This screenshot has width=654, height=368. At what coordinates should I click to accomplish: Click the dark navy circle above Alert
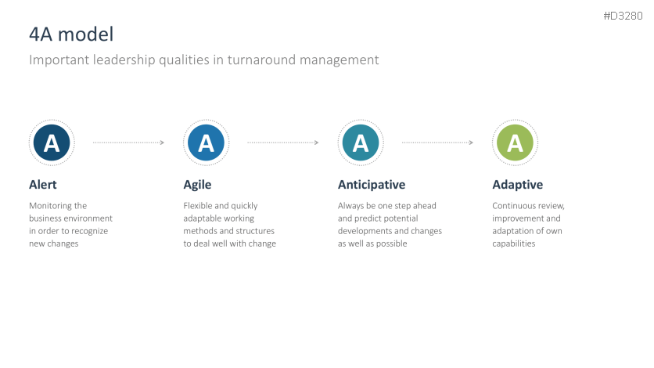(52, 143)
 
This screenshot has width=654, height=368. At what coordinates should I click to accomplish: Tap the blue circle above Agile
(206, 143)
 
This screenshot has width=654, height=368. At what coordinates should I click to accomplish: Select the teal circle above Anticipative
(361, 143)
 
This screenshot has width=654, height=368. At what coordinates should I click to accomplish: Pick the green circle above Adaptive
(515, 143)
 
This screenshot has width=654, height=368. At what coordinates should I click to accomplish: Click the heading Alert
(43, 185)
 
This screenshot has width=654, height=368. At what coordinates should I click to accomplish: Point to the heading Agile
(197, 185)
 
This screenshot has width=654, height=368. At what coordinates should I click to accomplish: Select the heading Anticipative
(372, 185)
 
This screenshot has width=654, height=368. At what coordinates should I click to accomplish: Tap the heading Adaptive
(518, 185)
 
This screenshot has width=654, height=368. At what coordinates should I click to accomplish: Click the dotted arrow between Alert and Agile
(128, 143)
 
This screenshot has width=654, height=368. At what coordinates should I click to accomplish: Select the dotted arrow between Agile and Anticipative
(282, 143)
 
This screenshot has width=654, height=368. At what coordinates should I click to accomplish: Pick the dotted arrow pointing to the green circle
(437, 143)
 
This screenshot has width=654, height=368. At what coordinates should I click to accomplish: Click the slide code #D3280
(623, 16)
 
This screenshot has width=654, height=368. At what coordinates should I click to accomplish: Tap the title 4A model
(71, 34)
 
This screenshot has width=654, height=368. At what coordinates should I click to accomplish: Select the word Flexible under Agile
(198, 206)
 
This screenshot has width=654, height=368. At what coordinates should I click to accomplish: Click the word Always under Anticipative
(350, 206)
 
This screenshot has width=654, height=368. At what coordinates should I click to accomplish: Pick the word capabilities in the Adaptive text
(514, 244)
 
